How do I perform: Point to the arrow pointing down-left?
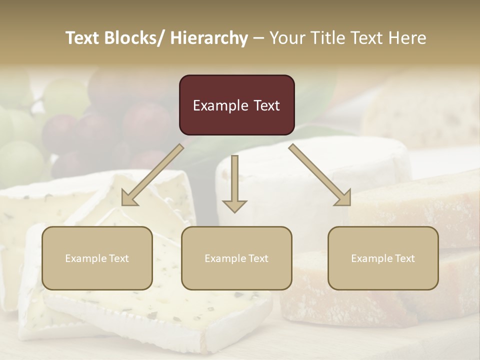pos(152,175)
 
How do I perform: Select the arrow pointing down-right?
pos(320,175)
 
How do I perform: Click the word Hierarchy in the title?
pos(208,38)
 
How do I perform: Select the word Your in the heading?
pos(286,38)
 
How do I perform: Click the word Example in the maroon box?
pos(220,105)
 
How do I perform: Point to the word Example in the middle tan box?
pos(223,258)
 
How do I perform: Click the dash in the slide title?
pos(258,38)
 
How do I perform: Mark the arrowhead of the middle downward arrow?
pos(234,205)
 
